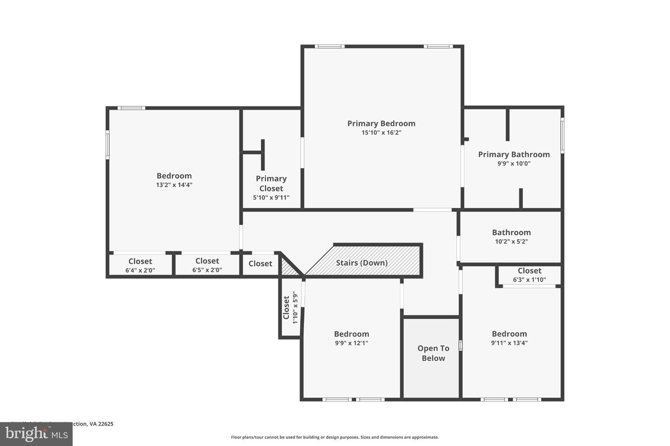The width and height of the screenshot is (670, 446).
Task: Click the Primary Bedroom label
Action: coord(381,123)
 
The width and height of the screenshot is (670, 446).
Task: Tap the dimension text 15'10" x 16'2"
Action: coord(381,133)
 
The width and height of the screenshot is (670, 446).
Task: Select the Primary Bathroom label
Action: coord(514,154)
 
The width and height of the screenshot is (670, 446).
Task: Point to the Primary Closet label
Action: coord(271,183)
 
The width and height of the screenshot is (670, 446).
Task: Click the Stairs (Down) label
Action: coord(362,263)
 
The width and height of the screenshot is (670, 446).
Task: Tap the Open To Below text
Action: coord(433,353)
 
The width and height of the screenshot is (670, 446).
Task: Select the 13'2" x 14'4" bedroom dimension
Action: coord(174,185)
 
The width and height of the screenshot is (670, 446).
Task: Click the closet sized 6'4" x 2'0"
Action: coord(140,265)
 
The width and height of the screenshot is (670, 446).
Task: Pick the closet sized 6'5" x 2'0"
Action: coord(207,265)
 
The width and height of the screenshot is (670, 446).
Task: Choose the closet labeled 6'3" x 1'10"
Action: coord(529,275)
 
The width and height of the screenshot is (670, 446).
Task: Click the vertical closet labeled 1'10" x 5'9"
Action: coord(290,308)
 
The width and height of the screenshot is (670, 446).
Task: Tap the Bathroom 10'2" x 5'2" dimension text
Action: coord(511,242)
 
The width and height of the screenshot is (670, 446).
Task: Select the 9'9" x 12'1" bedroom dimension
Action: coord(351,343)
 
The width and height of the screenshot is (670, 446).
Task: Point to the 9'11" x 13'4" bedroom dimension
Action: coord(509,343)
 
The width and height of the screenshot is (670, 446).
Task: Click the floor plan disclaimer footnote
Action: coord(335,437)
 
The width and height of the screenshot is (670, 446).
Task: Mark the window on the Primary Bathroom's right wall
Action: coord(562,135)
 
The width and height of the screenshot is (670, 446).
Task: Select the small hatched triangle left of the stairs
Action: coord(288,269)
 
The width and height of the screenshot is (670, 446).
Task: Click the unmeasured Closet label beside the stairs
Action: coord(260,264)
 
